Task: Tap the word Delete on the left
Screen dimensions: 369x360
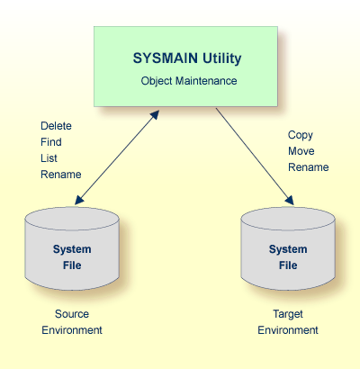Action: (56, 126)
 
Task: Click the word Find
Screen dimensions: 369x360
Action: (51, 142)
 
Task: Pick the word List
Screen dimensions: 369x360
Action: (50, 158)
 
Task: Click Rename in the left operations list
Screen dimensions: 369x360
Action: (61, 175)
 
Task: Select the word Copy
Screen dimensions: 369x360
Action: (301, 135)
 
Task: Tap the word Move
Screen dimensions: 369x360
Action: (301, 151)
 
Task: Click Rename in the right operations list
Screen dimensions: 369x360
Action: (308, 167)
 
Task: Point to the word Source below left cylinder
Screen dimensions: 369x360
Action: (72, 314)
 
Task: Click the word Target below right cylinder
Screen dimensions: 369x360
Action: (288, 314)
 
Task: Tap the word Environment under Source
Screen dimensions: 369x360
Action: (72, 330)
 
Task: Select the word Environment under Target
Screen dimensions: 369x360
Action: (288, 330)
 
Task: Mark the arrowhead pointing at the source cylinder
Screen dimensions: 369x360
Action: (79, 200)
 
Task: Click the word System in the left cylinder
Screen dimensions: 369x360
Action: (72, 249)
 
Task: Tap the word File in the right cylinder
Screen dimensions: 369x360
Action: (288, 265)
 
